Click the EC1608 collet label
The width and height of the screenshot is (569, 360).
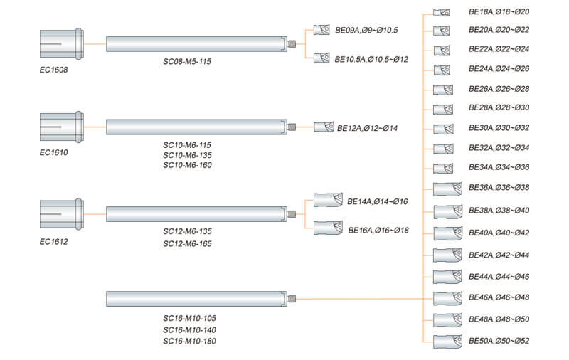pyautogui.click(x=54, y=71)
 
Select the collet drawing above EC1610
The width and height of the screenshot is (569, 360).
pyautogui.click(x=62, y=127)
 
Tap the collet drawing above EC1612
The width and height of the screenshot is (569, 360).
pyautogui.click(x=62, y=213)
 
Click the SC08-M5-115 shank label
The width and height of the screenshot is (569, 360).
pyautogui.click(x=187, y=62)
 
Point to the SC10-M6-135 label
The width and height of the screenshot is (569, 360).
pyautogui.click(x=187, y=155)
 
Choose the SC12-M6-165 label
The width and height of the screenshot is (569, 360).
pyautogui.click(x=187, y=244)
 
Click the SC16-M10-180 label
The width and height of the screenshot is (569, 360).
pyautogui.click(x=189, y=342)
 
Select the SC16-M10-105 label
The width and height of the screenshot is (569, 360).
pyautogui.click(x=189, y=319)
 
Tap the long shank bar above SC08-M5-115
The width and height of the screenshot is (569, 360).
pyautogui.click(x=196, y=43)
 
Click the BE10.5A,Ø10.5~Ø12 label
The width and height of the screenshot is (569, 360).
pyautogui.click(x=371, y=59)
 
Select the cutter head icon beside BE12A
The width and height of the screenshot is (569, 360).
pyautogui.click(x=324, y=127)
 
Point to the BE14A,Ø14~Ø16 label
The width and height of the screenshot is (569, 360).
pyautogui.click(x=377, y=202)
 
